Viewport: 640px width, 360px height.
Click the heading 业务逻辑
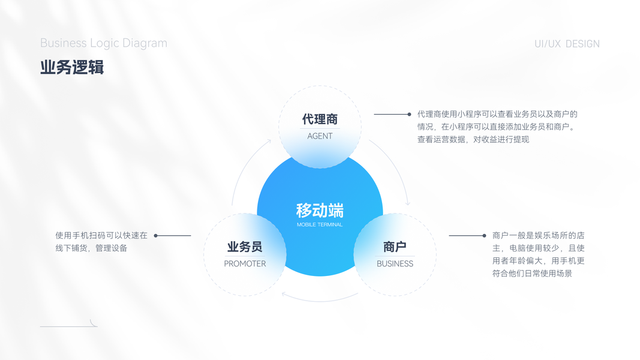point(72,67)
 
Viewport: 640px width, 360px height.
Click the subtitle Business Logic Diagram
point(104,43)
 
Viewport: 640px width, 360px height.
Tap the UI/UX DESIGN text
point(567,44)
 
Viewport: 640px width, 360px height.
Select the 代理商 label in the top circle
point(320,119)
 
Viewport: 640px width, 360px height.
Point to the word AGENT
point(320,136)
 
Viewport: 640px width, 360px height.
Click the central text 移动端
point(320,211)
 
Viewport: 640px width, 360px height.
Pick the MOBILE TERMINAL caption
point(320,225)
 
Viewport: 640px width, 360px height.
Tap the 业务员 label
point(245,247)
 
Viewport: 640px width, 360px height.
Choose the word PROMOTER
point(245,263)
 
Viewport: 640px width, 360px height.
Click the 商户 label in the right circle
point(395,247)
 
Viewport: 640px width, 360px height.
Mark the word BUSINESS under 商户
point(395,263)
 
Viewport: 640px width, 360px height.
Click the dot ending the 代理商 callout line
point(409,114)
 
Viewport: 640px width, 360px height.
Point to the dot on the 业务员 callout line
point(156,236)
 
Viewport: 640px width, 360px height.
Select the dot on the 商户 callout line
point(484,236)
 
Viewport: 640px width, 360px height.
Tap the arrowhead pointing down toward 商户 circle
point(408,204)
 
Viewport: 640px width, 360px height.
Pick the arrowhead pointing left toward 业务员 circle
point(284,294)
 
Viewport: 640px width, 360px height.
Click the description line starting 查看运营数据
point(473,140)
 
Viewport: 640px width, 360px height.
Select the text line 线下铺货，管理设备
point(91,248)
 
